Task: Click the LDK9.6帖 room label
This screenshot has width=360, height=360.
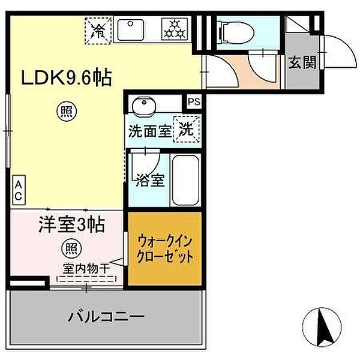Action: [67, 78]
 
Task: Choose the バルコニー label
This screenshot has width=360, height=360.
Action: [106, 316]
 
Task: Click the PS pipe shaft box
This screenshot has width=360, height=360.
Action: [193, 102]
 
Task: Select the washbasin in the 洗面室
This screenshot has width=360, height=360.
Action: [143, 107]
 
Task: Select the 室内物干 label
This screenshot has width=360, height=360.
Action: [86, 269]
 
